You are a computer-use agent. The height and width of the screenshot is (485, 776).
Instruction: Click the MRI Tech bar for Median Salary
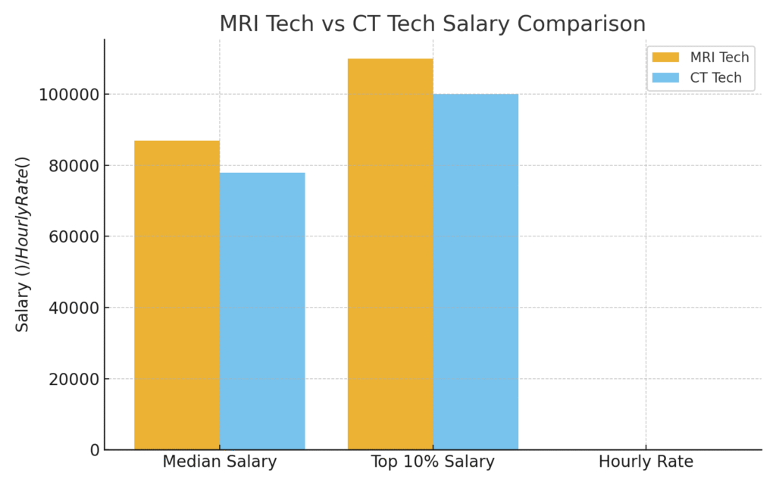[177, 295]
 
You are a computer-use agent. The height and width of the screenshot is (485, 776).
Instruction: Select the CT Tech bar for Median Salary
[262, 311]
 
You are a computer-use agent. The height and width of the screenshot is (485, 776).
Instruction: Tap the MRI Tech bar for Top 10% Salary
[390, 254]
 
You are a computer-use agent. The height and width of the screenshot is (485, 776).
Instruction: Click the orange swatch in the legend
[666, 58]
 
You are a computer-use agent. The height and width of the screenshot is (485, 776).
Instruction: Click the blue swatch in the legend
[666, 78]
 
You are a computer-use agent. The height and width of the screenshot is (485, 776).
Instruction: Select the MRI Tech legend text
[719, 58]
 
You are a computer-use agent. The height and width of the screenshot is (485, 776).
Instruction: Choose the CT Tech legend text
[715, 78]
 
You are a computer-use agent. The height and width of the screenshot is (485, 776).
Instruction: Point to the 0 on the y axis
[94, 450]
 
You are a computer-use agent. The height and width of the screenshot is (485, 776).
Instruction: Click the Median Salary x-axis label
[220, 462]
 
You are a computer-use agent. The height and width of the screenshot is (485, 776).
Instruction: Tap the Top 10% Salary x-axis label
[433, 462]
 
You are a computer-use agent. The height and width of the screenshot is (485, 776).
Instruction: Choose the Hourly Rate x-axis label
[646, 462]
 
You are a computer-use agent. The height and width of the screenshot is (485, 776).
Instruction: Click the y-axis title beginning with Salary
[23, 244]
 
